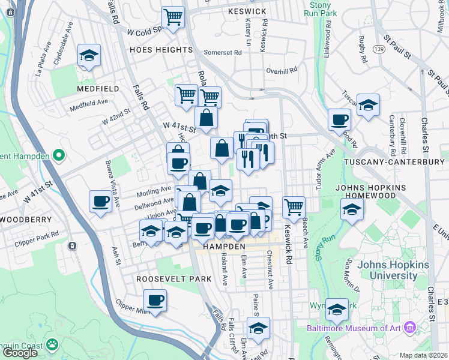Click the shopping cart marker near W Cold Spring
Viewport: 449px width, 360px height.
pyautogui.click(x=173, y=17)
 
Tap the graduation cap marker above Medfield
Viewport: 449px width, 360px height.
pyautogui.click(x=89, y=55)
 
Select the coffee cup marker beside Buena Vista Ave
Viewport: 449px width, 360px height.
pyautogui.click(x=100, y=200)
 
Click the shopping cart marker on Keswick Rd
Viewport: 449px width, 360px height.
pyautogui.click(x=294, y=207)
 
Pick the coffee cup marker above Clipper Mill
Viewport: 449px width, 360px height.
pyautogui.click(x=155, y=299)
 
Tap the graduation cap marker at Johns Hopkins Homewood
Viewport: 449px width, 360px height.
pyautogui.click(x=352, y=209)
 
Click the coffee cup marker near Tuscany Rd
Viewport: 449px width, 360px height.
pyautogui.click(x=339, y=119)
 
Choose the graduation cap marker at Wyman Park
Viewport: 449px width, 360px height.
pyautogui.click(x=337, y=309)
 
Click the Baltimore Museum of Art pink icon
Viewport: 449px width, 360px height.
pyautogui.click(x=410, y=328)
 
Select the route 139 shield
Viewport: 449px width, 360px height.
pyautogui.click(x=378, y=48)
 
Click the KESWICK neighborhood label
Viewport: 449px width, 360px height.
pyautogui.click(x=247, y=11)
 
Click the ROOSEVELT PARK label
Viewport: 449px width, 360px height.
pyautogui.click(x=173, y=279)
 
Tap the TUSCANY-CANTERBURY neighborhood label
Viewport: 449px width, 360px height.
pyautogui.click(x=394, y=163)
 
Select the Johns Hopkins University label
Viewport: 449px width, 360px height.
pyautogui.click(x=388, y=270)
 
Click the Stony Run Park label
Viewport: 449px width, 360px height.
pyautogui.click(x=318, y=8)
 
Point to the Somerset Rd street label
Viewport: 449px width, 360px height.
pyautogui.click(x=222, y=53)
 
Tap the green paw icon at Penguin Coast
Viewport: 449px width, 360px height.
pyautogui.click(x=52, y=345)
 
